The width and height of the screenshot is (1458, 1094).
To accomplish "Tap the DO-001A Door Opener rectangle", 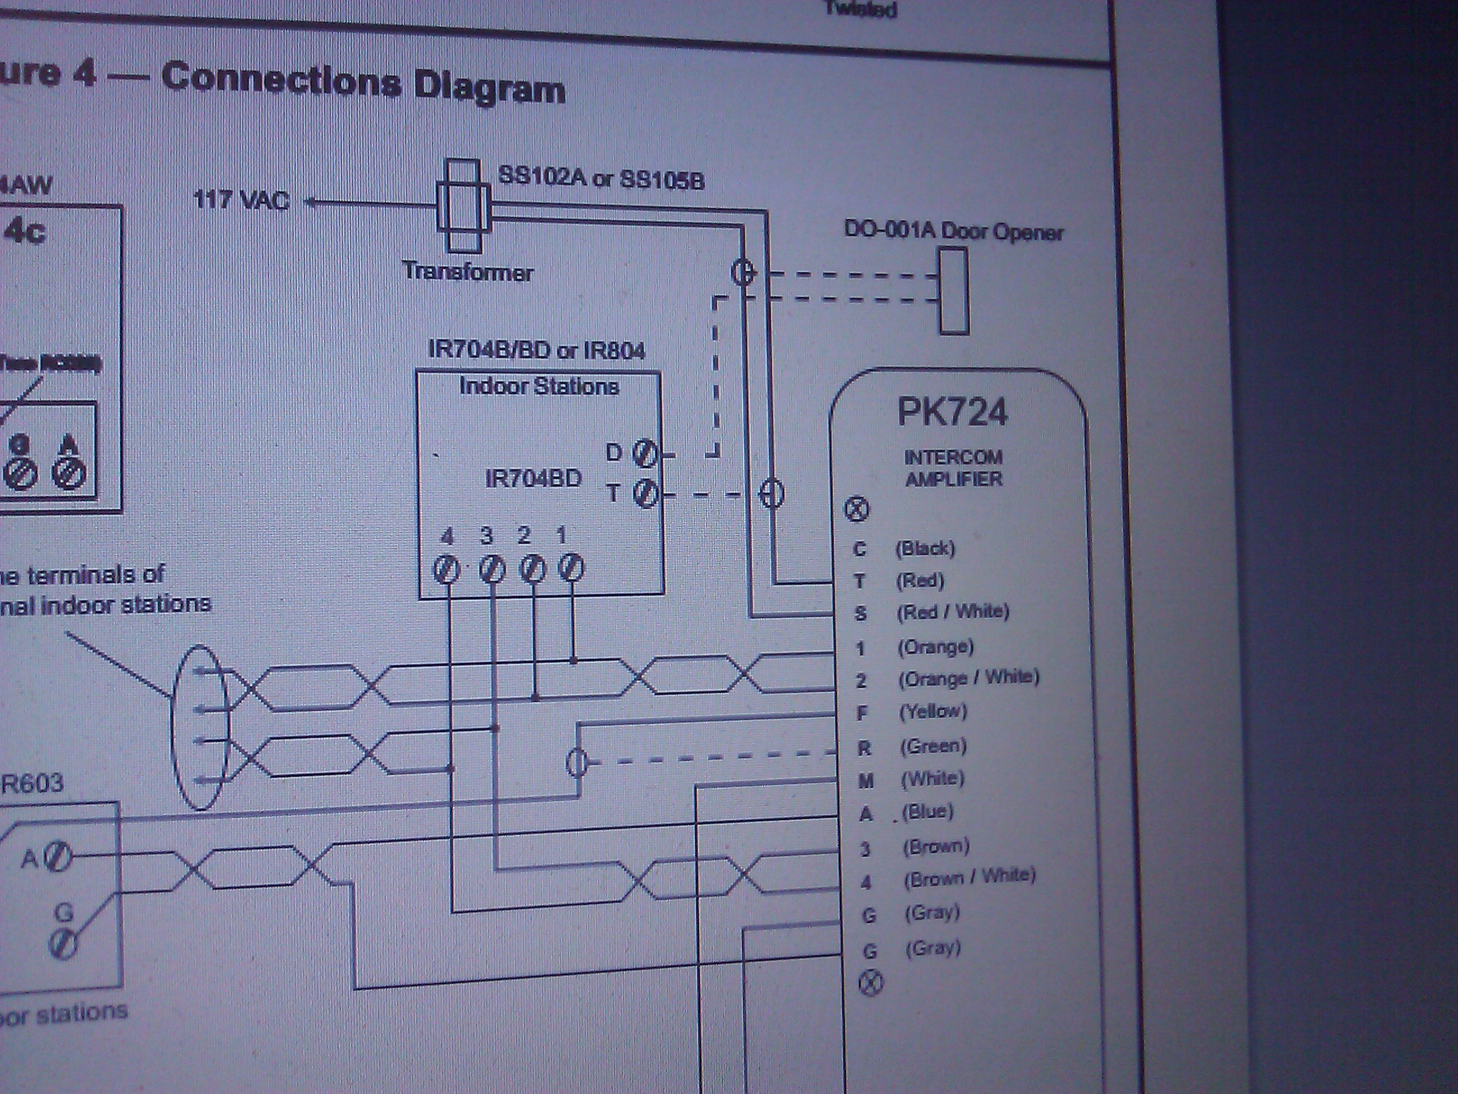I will click(x=954, y=291).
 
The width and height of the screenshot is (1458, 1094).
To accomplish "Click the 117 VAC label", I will click(x=241, y=200).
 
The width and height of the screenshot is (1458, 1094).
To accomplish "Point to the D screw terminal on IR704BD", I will click(x=645, y=454).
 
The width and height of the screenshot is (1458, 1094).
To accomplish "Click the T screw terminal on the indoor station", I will click(x=645, y=493).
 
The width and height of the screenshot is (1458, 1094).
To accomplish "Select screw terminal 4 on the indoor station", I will click(x=446, y=568).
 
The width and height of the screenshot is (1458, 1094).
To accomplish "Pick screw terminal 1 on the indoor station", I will click(x=571, y=567).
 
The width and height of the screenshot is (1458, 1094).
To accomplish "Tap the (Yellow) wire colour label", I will click(x=933, y=711).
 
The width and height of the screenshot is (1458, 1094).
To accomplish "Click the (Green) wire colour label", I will click(x=933, y=746).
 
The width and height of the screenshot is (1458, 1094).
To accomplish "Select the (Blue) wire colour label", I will click(x=928, y=811).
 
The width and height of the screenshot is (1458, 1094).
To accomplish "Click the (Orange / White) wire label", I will click(x=968, y=678).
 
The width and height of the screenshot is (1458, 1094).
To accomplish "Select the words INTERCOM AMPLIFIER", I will click(x=953, y=468).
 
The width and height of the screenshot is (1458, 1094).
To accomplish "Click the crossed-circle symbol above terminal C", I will click(x=857, y=508).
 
